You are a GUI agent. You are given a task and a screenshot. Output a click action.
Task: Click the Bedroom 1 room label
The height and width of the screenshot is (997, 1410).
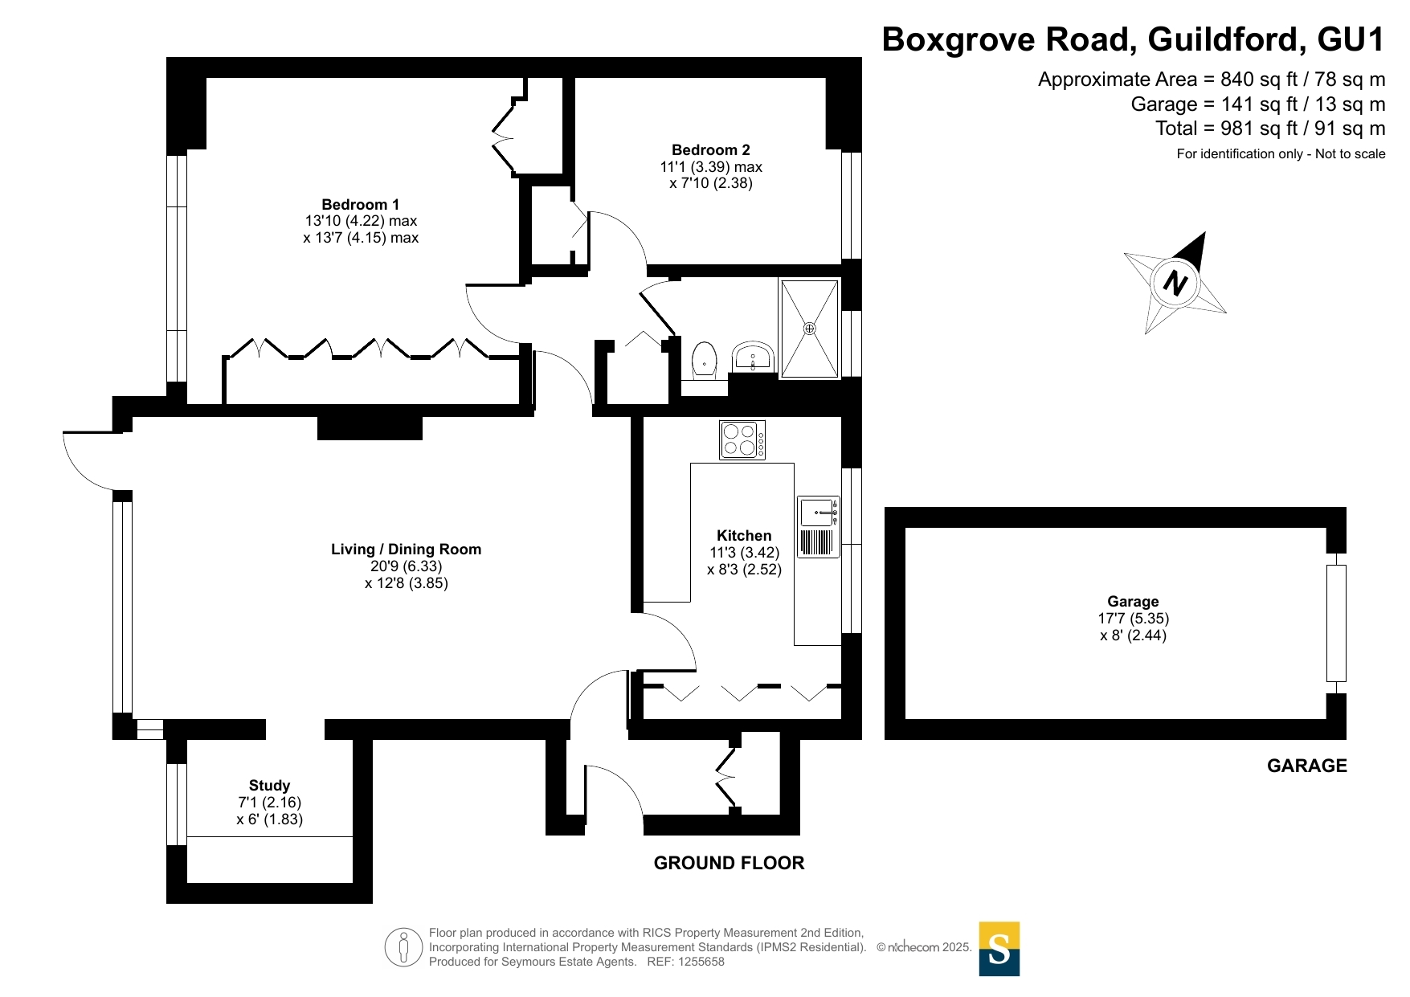(x=360, y=205)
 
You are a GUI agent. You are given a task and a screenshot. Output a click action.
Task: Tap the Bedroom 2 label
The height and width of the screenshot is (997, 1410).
(x=710, y=150)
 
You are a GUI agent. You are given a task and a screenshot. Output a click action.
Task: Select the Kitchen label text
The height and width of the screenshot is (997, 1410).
(x=744, y=536)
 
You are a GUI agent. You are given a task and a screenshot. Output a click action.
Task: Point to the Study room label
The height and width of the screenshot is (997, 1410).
(x=269, y=786)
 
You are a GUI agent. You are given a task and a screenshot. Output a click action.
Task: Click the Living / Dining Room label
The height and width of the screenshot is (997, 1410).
(x=406, y=550)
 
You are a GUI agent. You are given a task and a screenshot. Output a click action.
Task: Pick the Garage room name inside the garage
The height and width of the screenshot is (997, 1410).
(x=1133, y=602)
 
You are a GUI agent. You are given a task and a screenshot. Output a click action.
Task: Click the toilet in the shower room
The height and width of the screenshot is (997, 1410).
(x=705, y=359)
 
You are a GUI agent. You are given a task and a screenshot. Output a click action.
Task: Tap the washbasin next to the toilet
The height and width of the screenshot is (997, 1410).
(x=753, y=357)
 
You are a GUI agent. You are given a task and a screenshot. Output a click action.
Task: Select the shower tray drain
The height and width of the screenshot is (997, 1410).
(x=810, y=329)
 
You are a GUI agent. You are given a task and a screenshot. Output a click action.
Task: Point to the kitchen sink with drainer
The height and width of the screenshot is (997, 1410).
(x=818, y=527)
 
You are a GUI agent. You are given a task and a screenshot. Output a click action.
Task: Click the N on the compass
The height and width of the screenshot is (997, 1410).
(x=1175, y=283)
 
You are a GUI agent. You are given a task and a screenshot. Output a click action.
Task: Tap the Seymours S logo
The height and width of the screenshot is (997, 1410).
(x=999, y=949)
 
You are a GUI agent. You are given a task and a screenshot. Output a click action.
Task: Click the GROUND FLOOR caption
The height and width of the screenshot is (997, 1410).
(x=729, y=863)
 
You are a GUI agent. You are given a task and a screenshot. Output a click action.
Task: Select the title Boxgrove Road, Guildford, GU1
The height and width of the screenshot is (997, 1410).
(x=1133, y=39)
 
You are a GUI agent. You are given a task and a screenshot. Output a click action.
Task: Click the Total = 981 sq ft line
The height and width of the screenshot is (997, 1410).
(x=1269, y=129)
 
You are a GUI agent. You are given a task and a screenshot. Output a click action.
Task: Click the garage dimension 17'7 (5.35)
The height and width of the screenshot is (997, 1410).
(x=1133, y=619)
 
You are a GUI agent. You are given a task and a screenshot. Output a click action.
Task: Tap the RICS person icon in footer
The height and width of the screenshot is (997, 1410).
(x=403, y=946)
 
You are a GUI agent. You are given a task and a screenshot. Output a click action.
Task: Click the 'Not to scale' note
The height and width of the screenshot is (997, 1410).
(x=1350, y=154)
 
